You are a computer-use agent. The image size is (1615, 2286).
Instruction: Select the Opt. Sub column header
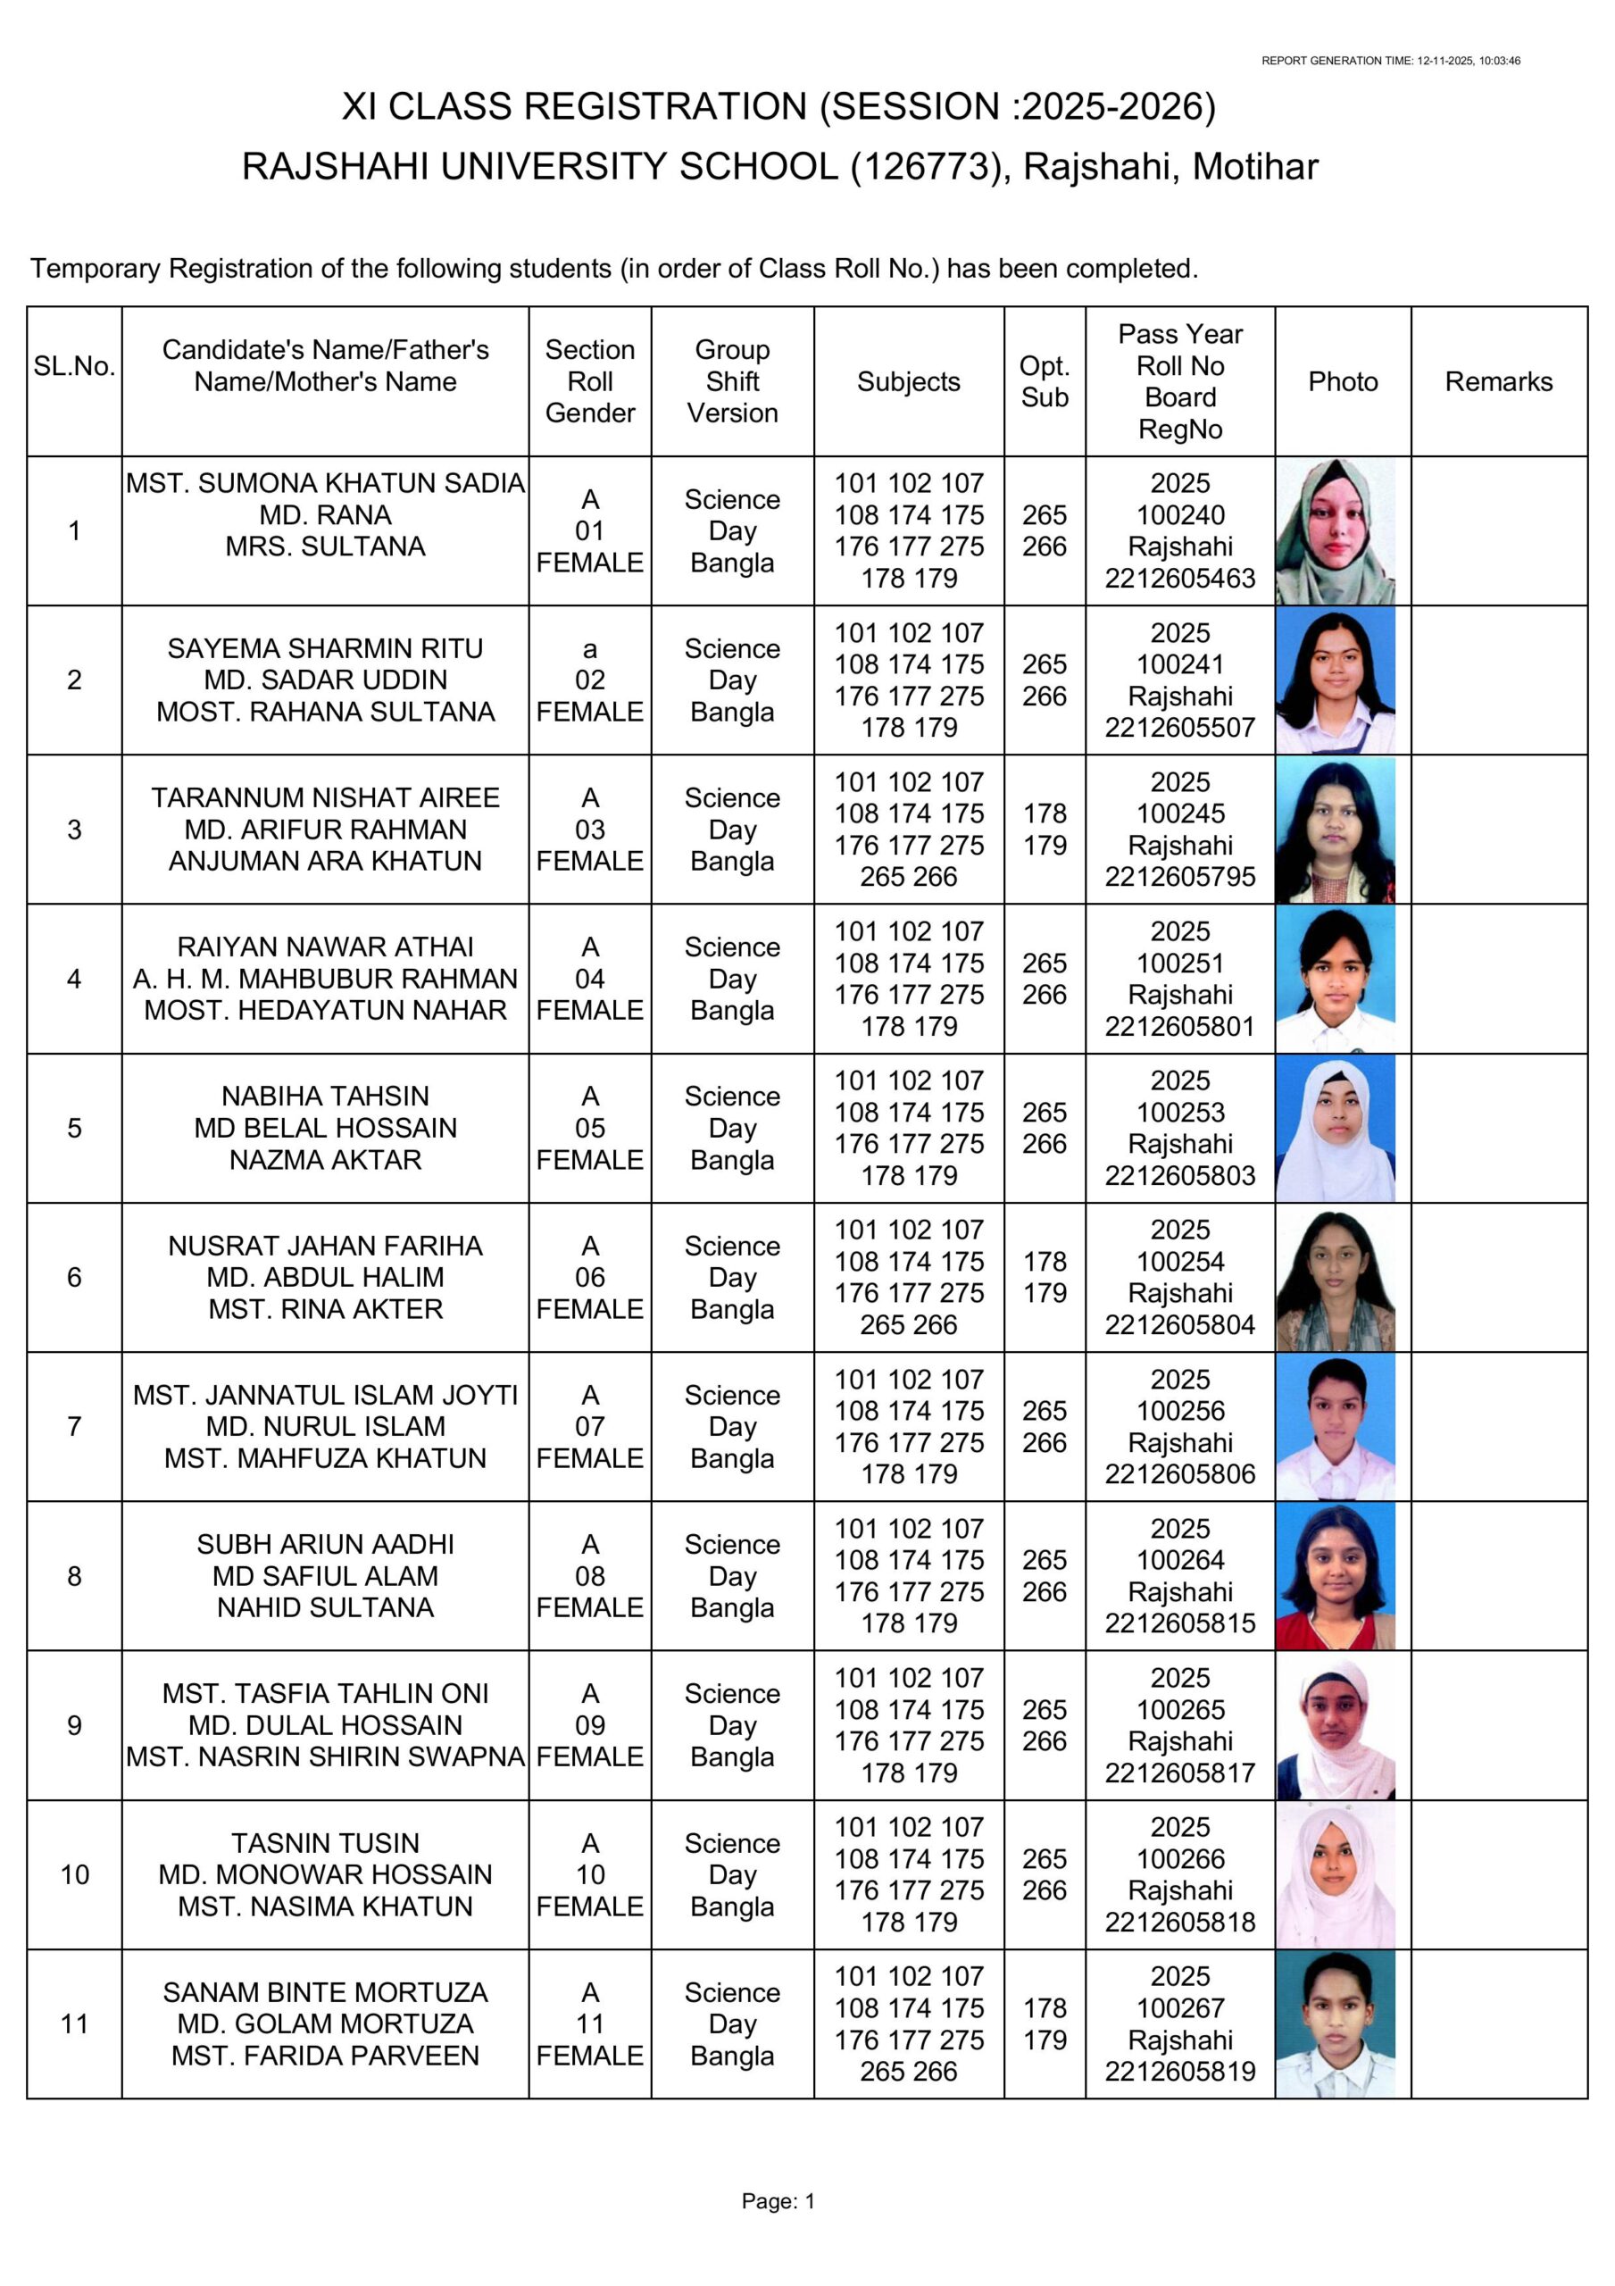[1044, 381]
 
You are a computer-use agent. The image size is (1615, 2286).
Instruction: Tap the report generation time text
[1390, 61]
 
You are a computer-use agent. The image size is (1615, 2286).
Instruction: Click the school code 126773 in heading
[925, 166]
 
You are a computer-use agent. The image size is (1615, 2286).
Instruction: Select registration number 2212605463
[1179, 578]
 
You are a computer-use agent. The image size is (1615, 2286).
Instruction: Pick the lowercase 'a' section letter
[589, 648]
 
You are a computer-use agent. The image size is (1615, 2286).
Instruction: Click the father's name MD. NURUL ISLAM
[325, 1426]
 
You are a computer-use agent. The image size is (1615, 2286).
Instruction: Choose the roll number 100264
[1180, 1559]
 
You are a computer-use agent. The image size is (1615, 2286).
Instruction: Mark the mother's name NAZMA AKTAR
[325, 1159]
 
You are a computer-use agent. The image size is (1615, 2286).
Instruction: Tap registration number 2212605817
[1179, 1773]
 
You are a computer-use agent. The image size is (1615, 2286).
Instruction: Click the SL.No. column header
[75, 365]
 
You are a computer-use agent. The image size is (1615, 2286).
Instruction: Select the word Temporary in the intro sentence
[96, 268]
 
